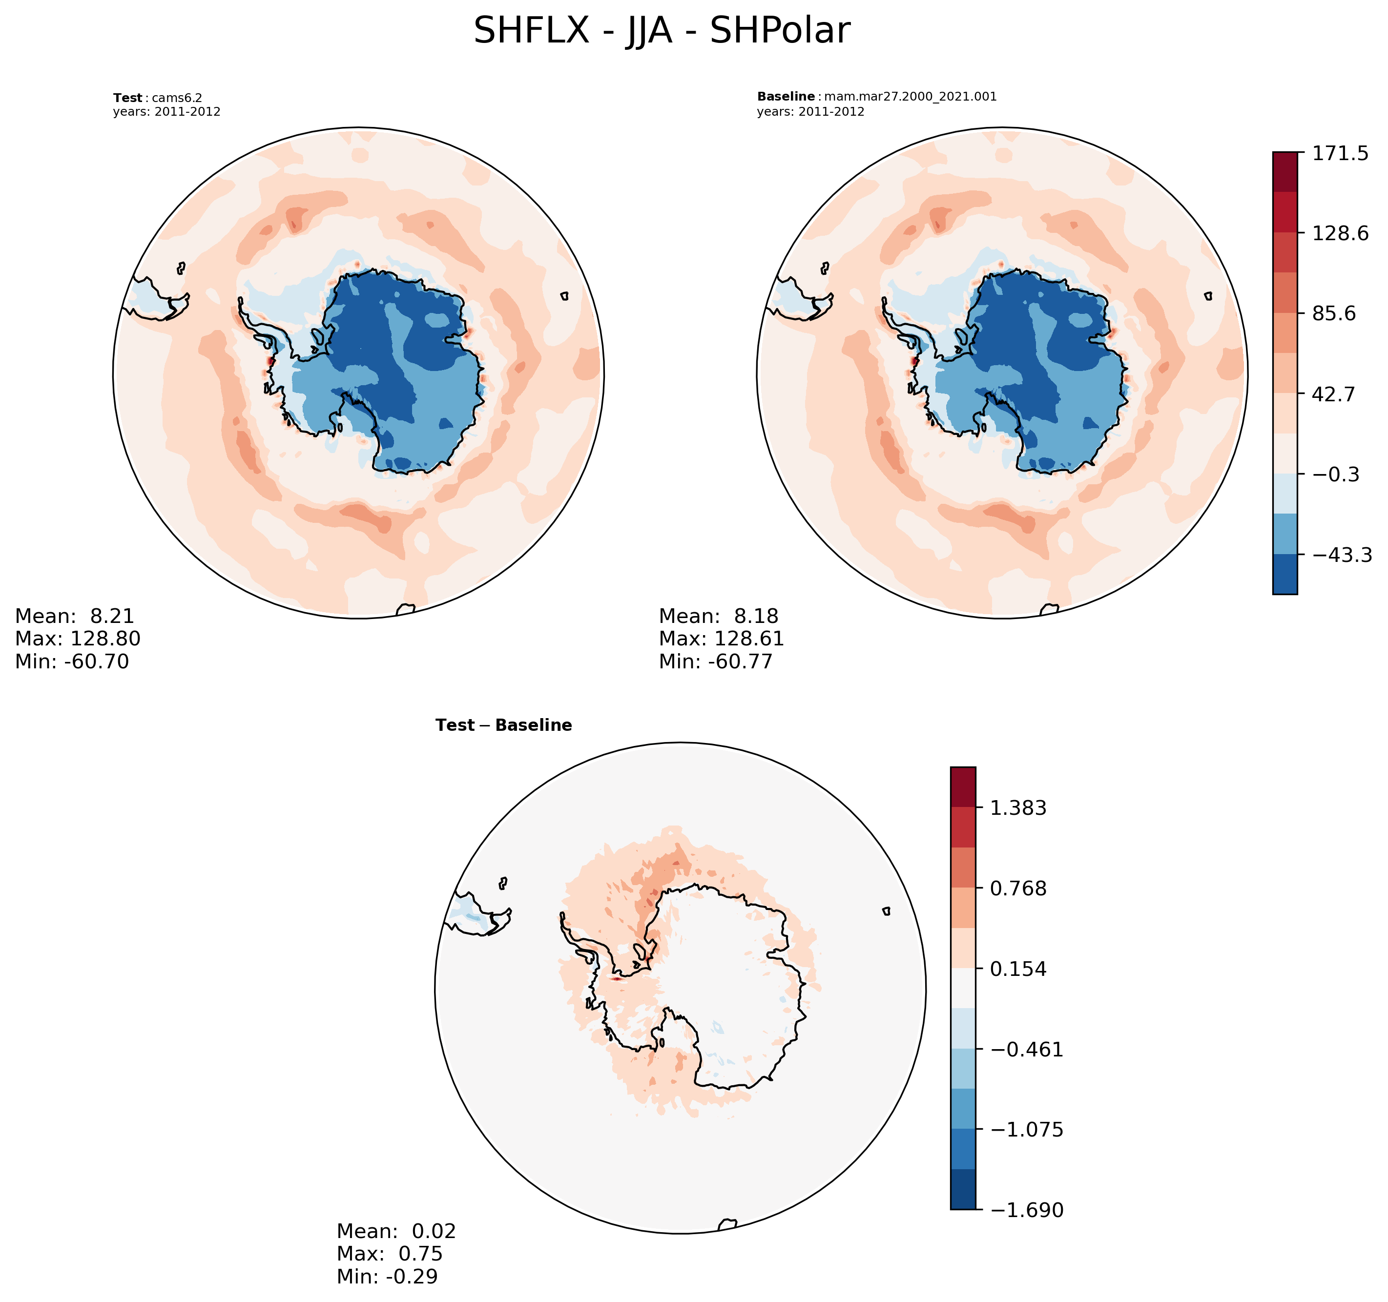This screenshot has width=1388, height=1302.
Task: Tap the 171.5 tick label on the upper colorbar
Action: point(1340,154)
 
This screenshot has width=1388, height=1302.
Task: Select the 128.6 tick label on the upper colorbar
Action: point(1340,233)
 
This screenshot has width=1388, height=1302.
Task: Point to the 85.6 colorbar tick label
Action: point(1333,313)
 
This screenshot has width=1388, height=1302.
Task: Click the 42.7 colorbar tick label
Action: point(1333,394)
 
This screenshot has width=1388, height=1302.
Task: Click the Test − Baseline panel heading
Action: point(503,725)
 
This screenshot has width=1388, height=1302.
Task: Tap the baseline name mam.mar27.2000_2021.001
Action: point(911,96)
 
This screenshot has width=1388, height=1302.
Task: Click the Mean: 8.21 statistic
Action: point(75,616)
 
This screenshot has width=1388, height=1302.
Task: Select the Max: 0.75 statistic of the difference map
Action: point(390,1254)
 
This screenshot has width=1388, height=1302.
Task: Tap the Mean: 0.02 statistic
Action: point(396,1231)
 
